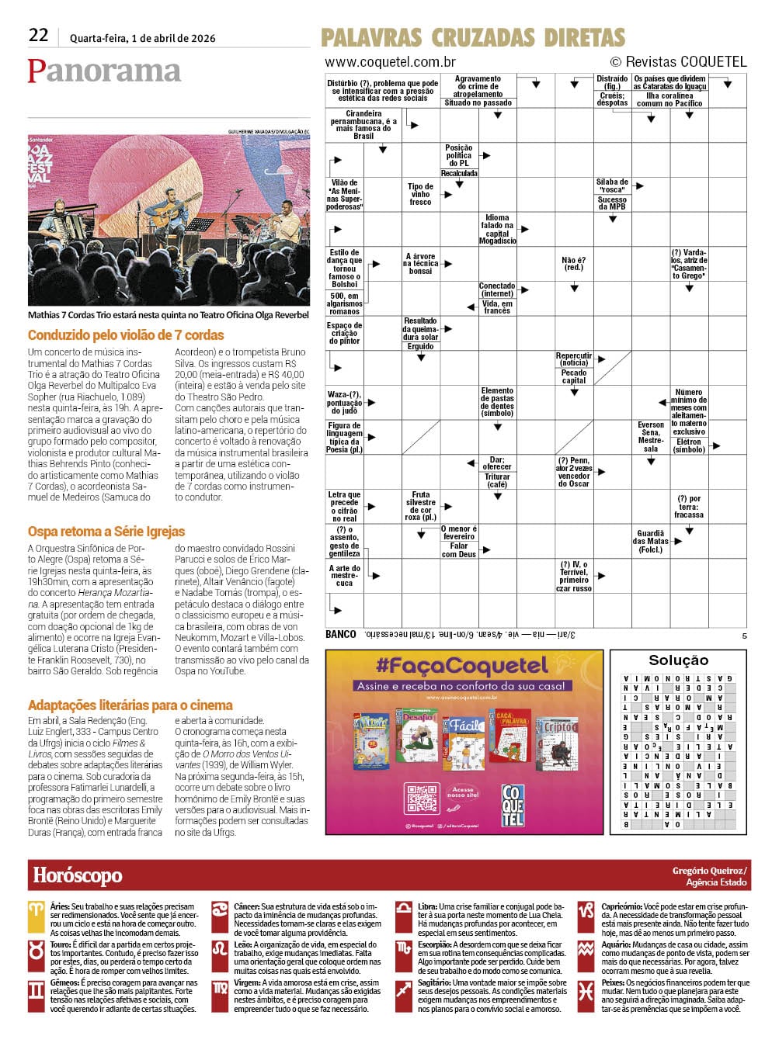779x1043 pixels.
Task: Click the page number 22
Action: pyautogui.click(x=39, y=35)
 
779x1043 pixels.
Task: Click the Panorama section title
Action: pyautogui.click(x=104, y=71)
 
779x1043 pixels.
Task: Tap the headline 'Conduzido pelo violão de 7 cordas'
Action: pyautogui.click(x=126, y=335)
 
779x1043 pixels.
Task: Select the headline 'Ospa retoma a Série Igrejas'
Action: pyautogui.click(x=106, y=532)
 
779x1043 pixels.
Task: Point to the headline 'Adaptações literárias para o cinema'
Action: pyautogui.click(x=130, y=705)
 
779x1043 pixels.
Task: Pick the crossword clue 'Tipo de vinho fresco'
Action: pyautogui.click(x=420, y=194)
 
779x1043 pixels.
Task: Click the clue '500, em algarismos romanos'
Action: pyautogui.click(x=344, y=303)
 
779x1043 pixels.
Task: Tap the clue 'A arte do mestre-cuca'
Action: pyautogui.click(x=344, y=575)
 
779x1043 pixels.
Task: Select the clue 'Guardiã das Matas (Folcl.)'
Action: pyautogui.click(x=651, y=542)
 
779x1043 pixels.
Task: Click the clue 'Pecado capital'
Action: pyautogui.click(x=574, y=376)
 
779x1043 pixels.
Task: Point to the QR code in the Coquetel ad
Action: pyautogui.click(x=423, y=799)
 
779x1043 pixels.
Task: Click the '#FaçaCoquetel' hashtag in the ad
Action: pyautogui.click(x=462, y=666)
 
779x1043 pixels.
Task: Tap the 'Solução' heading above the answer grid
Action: pyautogui.click(x=678, y=660)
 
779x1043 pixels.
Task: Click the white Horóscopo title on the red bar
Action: pyautogui.click(x=78, y=875)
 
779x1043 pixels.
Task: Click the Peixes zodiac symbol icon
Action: pyautogui.click(x=586, y=991)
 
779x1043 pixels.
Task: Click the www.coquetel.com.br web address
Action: pyautogui.click(x=390, y=62)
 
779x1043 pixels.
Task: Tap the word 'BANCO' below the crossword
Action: pyautogui.click(x=341, y=634)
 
